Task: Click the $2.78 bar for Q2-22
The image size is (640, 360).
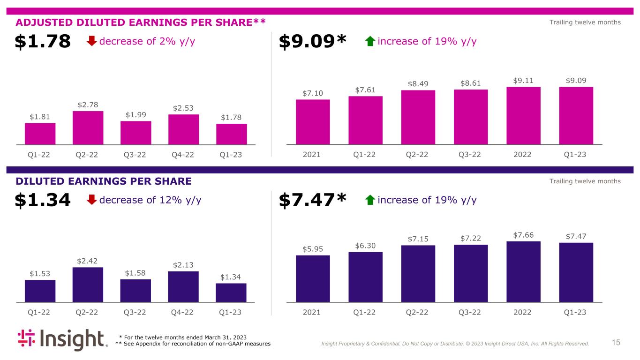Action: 88,127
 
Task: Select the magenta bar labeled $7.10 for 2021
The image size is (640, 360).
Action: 313,122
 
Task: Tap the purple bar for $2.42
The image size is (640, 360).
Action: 88,285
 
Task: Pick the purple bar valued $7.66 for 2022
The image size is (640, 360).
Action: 523,271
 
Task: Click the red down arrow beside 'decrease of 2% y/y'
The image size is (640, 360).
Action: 92,42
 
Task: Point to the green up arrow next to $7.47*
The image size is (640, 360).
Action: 370,200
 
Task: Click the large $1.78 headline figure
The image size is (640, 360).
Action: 43,42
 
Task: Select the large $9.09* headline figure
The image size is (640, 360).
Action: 312,42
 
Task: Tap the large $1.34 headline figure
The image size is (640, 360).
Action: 43,200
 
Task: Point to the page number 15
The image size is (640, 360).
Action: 616,343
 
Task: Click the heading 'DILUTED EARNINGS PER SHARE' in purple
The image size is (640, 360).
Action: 104,181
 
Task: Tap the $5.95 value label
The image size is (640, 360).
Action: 313,248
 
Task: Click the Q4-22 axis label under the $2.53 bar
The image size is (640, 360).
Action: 183,155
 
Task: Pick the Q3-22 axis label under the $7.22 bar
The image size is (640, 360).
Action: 471,312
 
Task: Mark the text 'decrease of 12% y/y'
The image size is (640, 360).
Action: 151,200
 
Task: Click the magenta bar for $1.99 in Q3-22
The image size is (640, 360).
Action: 136,133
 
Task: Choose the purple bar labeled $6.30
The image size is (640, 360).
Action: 365,277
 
